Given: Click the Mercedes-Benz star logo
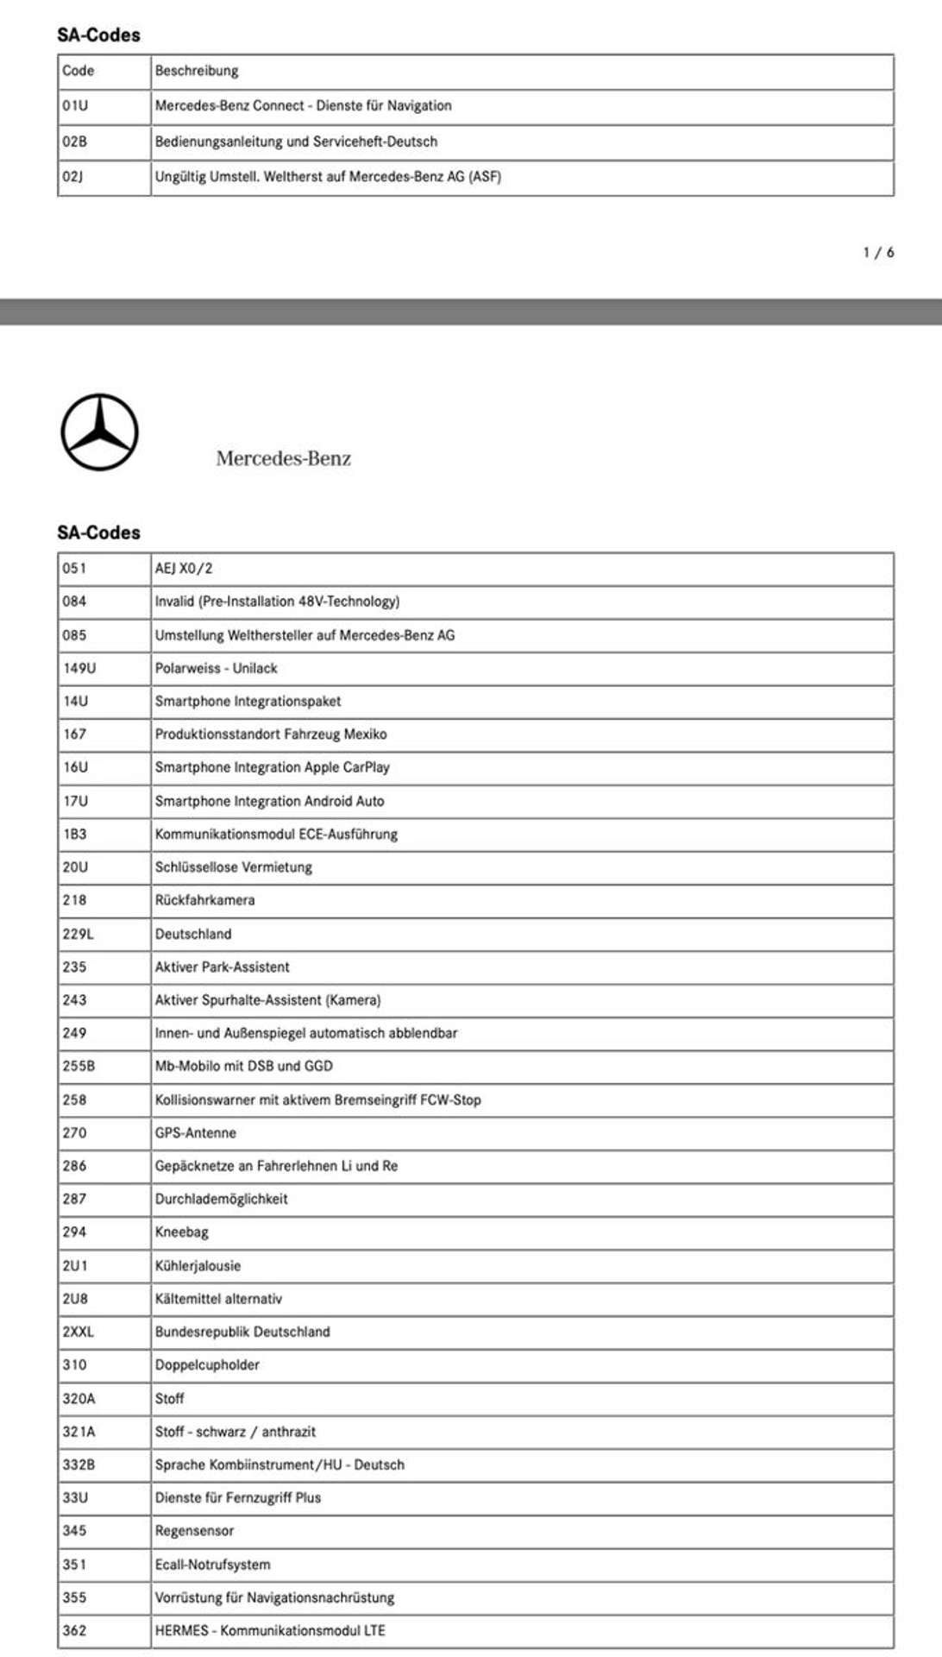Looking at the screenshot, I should [99, 432].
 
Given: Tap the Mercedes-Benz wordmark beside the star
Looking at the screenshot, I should [283, 458].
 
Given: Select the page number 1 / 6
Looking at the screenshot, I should [878, 253].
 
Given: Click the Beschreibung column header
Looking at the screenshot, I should [197, 71].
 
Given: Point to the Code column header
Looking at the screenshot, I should [78, 71].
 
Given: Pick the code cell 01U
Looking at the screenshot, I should [75, 106].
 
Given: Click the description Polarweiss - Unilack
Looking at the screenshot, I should [216, 668].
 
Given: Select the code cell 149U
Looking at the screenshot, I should [79, 668].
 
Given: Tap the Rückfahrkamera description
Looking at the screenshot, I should [204, 900].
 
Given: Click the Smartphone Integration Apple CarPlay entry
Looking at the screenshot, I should [272, 767].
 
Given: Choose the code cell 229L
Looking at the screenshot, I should [78, 934].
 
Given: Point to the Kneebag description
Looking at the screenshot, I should [181, 1232].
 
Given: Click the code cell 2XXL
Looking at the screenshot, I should [78, 1332].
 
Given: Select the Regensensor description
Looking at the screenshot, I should [194, 1531].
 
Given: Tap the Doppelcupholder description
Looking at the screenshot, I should [207, 1365].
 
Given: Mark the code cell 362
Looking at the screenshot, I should [74, 1630].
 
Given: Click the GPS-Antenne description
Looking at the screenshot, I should [195, 1133].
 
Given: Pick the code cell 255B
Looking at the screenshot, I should [78, 1067].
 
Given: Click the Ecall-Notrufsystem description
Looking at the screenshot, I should [212, 1565].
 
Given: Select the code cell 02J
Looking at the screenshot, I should [72, 177].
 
